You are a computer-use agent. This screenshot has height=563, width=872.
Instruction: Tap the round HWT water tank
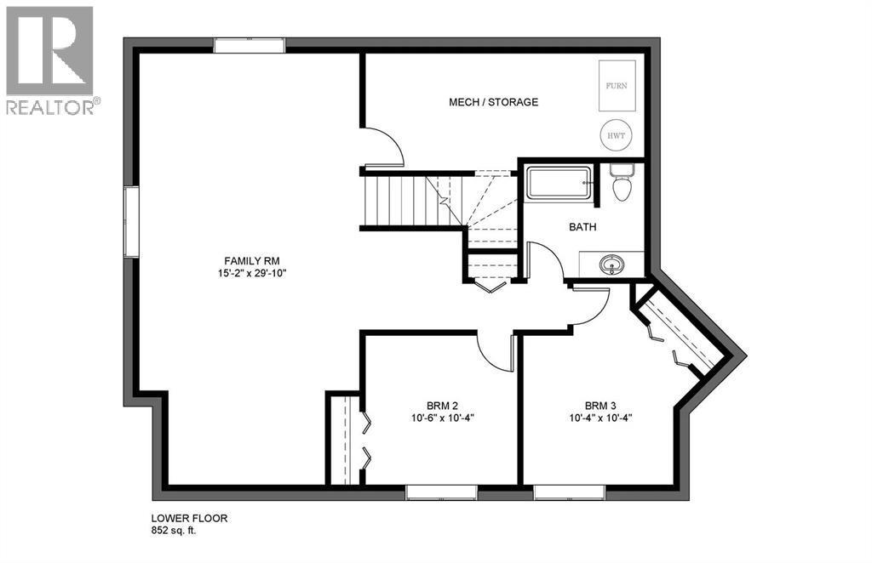616,135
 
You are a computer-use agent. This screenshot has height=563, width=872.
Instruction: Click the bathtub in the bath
559,184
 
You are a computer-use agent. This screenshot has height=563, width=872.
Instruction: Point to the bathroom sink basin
611,264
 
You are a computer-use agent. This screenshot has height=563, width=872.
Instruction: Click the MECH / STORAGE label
494,102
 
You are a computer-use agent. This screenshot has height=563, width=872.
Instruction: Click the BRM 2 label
444,405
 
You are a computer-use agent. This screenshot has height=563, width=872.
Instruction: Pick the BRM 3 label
602,405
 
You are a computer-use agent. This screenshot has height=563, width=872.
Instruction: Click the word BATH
582,227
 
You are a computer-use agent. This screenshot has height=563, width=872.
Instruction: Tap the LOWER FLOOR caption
189,518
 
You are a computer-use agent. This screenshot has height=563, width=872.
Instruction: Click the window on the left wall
131,222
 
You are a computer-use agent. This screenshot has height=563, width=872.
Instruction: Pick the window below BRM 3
569,492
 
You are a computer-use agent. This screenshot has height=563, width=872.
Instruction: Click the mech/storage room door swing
383,146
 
